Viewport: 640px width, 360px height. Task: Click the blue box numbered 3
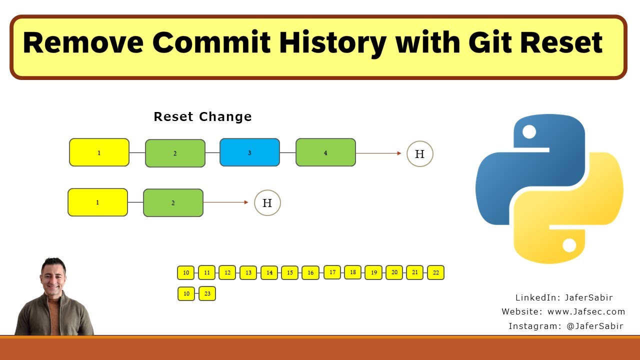(x=249, y=152)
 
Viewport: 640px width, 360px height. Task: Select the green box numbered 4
(x=325, y=152)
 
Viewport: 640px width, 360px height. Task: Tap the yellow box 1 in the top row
(x=99, y=152)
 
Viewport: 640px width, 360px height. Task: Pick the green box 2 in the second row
(x=173, y=203)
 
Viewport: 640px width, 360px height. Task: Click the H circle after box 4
(x=419, y=154)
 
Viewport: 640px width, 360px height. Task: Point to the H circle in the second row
(x=267, y=203)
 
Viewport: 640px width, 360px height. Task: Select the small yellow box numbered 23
(x=207, y=293)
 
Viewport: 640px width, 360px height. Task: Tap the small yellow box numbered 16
(x=310, y=272)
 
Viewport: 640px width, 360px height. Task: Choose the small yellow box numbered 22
(x=435, y=272)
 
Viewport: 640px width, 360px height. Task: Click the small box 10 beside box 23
(x=186, y=293)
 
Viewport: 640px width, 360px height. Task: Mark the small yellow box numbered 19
(x=373, y=272)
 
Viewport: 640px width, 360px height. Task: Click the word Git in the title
(x=492, y=42)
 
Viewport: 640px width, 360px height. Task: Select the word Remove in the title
(x=83, y=42)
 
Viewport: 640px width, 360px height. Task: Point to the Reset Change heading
(x=202, y=116)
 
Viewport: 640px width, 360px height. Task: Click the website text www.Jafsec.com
(x=586, y=311)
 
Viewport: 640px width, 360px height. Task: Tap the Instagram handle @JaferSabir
(x=594, y=326)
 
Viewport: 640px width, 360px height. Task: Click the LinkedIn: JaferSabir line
(x=564, y=297)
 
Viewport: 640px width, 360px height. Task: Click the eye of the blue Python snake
(x=529, y=132)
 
